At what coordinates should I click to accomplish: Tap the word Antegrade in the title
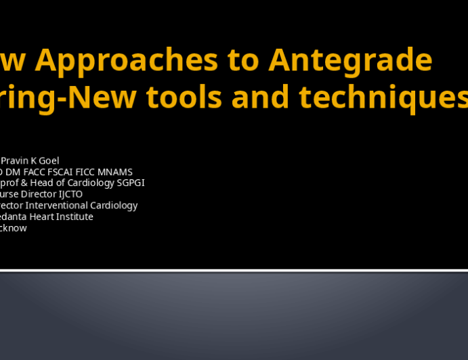point(350,60)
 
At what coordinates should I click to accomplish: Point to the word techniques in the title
point(383,97)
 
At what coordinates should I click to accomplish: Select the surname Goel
point(48,160)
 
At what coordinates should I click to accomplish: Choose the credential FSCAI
point(68,172)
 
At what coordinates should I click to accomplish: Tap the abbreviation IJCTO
point(68,194)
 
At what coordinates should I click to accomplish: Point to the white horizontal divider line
point(234,271)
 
